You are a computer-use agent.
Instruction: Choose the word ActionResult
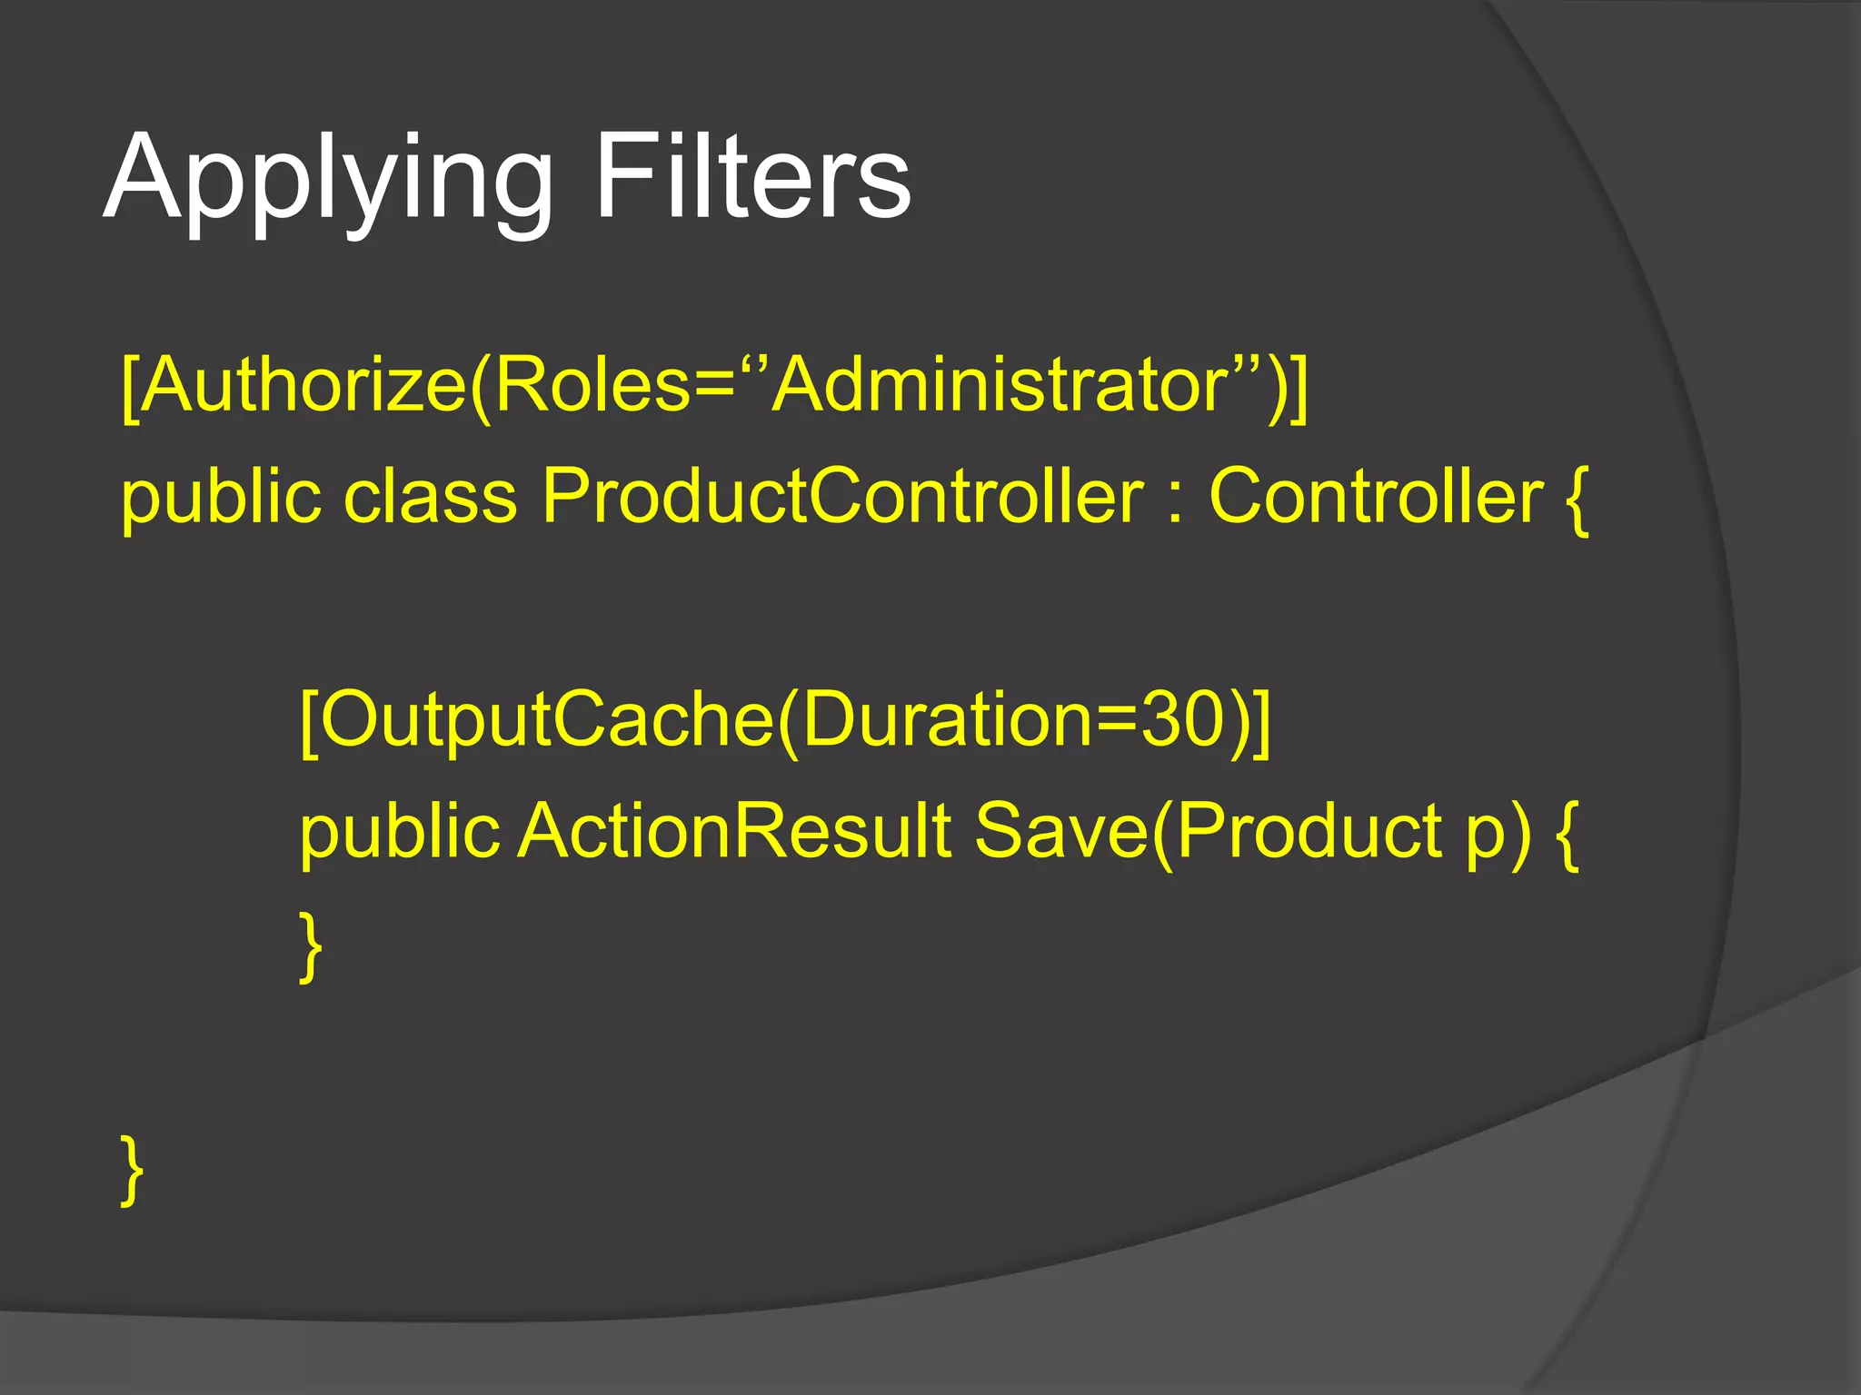coord(734,830)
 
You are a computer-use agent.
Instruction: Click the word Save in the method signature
coord(1061,830)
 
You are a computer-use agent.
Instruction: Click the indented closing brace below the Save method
coord(311,946)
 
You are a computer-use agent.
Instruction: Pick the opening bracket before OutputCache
coord(308,722)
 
